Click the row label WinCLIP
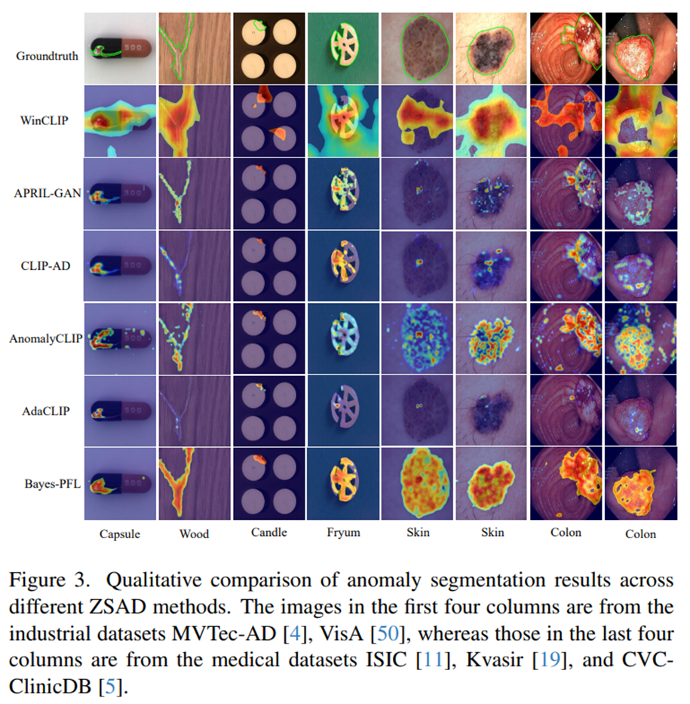(44, 121)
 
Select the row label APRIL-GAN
(48, 193)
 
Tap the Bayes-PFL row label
(53, 484)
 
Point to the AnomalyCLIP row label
(46, 338)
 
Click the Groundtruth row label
(48, 56)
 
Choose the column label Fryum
(344, 532)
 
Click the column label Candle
(269, 532)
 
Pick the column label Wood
(194, 534)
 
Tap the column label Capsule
(119, 534)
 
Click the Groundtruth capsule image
(121, 48)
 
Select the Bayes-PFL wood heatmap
(195, 484)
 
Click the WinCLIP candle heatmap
(269, 121)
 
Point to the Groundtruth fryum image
(343, 48)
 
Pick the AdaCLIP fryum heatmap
(343, 411)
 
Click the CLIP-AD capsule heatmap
(121, 266)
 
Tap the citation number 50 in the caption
(387, 633)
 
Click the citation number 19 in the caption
(550, 660)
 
